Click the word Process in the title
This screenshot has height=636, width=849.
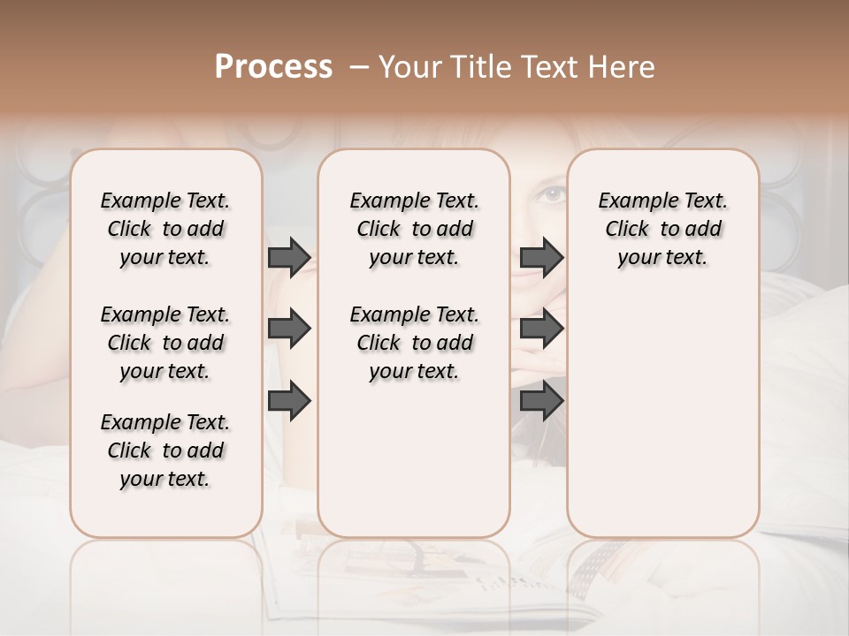coord(273,67)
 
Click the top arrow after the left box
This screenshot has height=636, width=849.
coord(289,257)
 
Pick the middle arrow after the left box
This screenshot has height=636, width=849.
coord(289,329)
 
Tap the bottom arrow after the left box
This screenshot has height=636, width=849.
coord(289,401)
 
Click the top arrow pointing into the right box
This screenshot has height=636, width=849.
coord(541,257)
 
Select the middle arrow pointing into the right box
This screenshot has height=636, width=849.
coord(541,329)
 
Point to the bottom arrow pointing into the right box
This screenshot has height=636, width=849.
coord(541,401)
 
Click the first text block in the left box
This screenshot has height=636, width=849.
coord(165,229)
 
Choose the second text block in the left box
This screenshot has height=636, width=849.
coord(165,343)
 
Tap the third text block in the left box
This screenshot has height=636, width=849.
coord(165,450)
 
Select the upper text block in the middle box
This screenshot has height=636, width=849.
coord(414,229)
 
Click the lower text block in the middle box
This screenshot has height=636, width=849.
coord(414,343)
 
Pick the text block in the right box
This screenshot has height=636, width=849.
coord(662,229)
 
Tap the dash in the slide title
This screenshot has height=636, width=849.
coord(358,67)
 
